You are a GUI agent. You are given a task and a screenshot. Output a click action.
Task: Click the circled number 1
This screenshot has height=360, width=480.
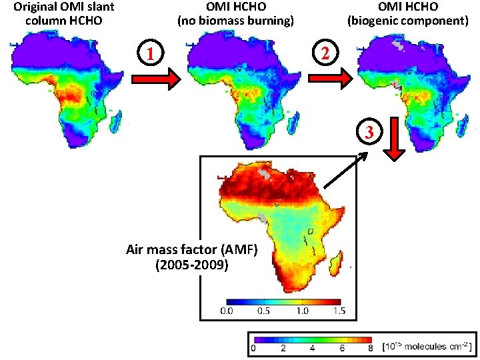coord(150,53)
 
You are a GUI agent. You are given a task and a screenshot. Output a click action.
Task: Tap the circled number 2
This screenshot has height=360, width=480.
coord(325,53)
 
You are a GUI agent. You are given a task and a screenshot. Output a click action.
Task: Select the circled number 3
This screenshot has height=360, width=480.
coord(369,132)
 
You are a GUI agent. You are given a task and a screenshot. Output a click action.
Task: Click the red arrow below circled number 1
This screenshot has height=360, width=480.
coord(156,79)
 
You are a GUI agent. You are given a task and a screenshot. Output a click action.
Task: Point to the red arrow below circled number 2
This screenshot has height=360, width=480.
coord(331,79)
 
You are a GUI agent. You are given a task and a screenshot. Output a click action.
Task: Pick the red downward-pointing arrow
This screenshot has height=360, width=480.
coord(394,139)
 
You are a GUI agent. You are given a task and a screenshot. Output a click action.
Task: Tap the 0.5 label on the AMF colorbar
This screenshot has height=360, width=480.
coord(263,311)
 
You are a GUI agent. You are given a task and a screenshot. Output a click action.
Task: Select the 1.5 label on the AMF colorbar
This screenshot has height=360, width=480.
coord(339,311)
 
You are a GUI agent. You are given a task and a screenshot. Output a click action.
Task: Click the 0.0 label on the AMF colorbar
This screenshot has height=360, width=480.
coord(227,311)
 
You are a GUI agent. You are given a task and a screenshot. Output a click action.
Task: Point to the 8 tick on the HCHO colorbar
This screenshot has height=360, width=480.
coord(371,348)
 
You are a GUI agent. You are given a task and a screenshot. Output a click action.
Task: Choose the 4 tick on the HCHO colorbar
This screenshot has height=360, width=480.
coord(312,348)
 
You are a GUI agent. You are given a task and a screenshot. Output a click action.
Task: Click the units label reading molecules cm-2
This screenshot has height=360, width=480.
coord(427,347)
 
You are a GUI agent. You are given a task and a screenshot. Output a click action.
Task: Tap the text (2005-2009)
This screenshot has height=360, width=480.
coord(192,265)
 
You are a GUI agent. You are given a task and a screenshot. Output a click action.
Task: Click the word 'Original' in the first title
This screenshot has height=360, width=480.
coord(33,7)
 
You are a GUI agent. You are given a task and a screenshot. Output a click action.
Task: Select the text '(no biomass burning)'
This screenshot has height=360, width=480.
coord(236,21)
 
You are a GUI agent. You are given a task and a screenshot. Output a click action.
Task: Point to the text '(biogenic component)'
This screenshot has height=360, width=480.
coord(408,21)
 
